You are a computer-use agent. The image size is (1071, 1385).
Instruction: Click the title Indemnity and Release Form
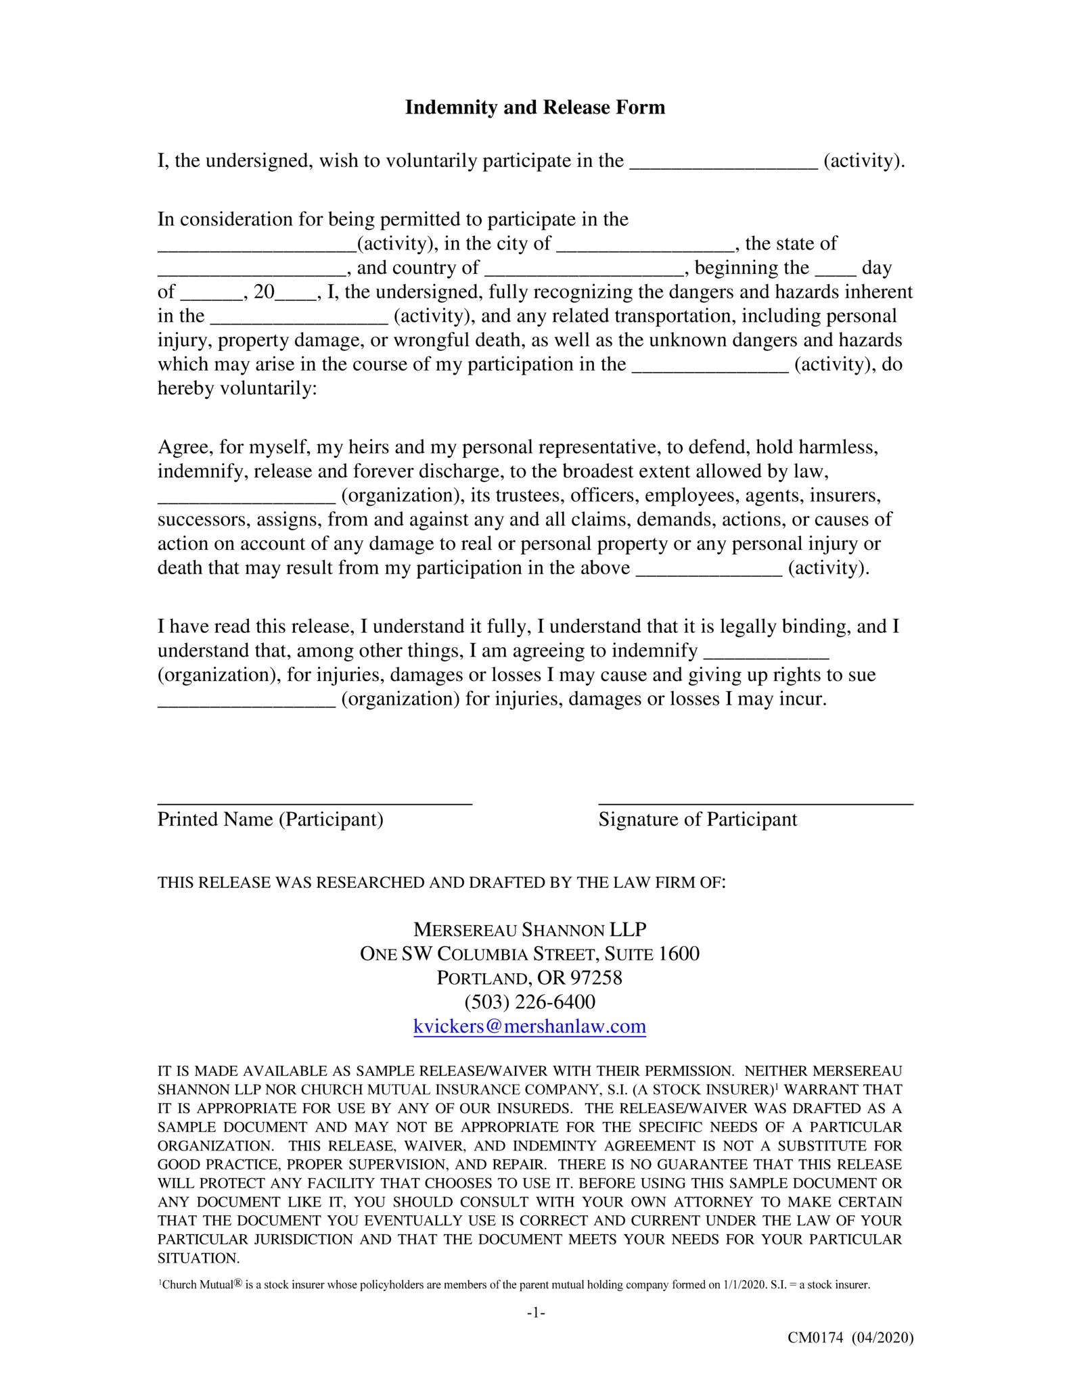click(534, 108)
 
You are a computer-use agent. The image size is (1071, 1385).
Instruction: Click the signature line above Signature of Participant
click(755, 802)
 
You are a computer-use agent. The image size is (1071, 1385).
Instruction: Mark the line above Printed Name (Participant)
click(315, 802)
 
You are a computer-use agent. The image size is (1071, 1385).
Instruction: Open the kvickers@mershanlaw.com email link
click(529, 1027)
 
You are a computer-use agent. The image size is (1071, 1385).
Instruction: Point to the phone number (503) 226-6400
click(530, 1002)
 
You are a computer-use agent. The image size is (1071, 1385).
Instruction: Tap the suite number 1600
click(679, 954)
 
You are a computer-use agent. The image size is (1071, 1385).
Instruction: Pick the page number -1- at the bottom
click(535, 1313)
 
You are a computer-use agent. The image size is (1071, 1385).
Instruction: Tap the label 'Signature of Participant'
click(698, 820)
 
